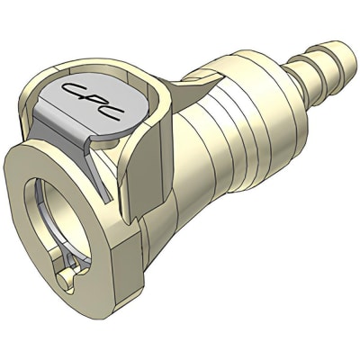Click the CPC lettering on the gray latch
click(94, 101)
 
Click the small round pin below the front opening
click(64, 282)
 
